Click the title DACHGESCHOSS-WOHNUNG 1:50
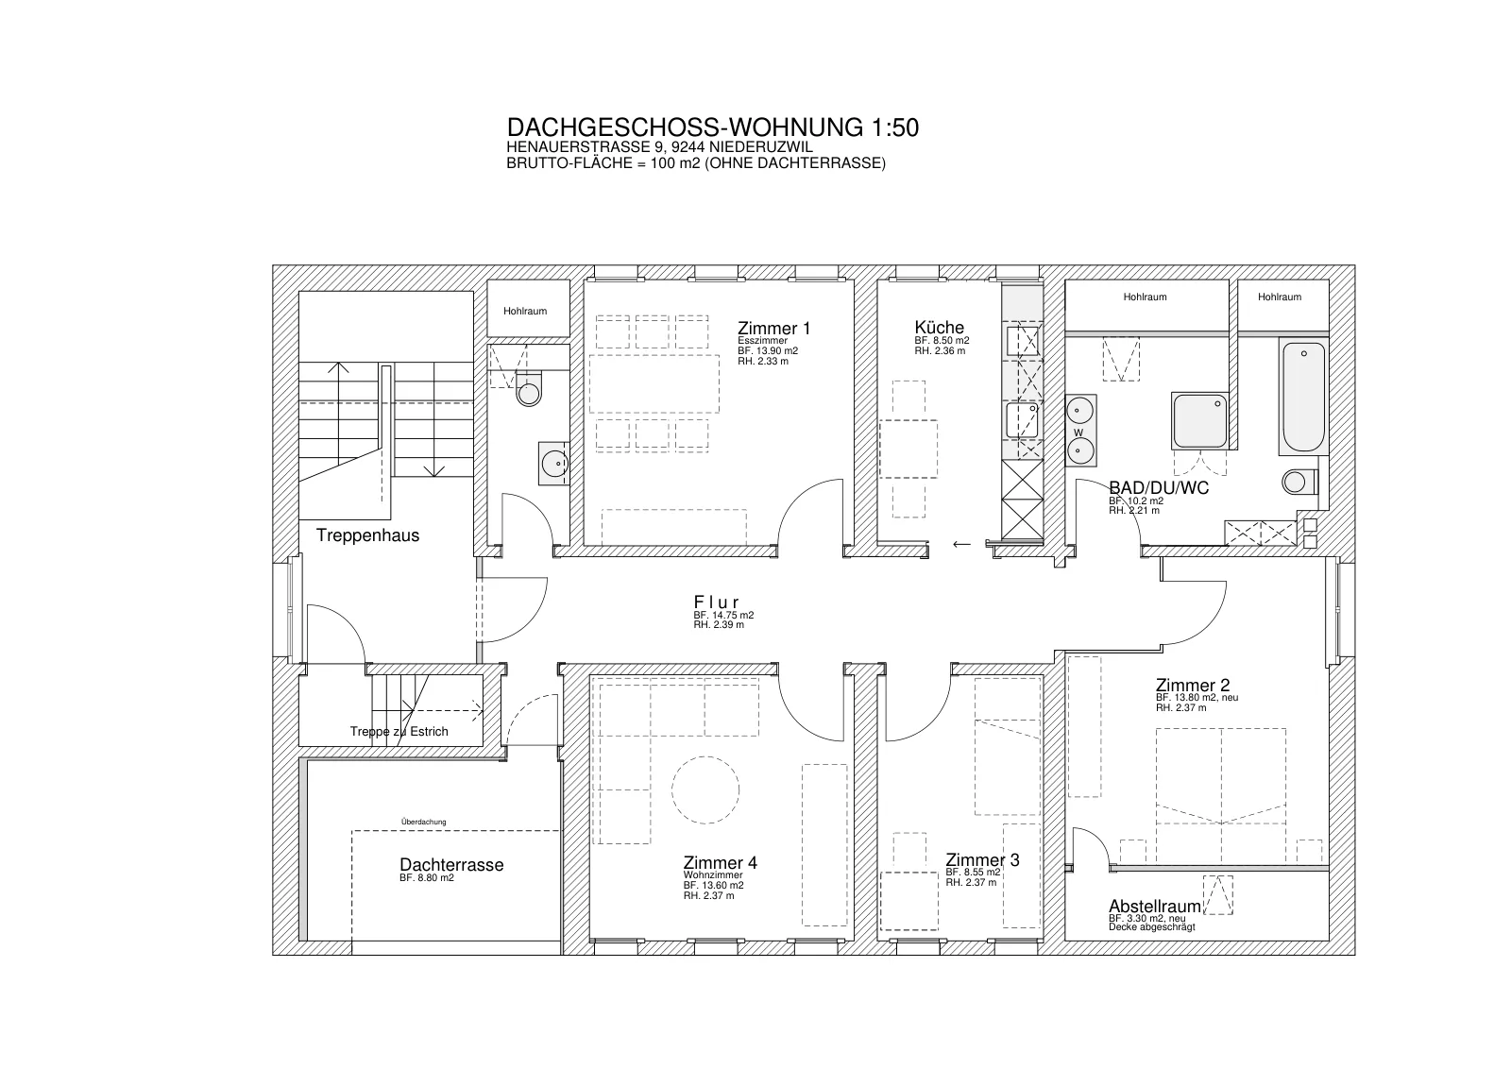712,127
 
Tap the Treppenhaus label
367,535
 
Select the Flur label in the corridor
717,602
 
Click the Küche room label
939,327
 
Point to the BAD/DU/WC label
1159,487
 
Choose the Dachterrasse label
451,865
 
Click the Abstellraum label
1155,906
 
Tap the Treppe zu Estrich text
399,731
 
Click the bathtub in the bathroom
1303,397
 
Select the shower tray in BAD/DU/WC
1199,421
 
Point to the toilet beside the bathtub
1299,482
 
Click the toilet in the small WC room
529,389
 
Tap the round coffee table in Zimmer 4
705,789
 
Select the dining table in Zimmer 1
654,383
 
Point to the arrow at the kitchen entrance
961,544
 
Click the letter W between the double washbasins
1078,433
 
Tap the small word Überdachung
424,822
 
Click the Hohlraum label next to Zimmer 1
525,311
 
